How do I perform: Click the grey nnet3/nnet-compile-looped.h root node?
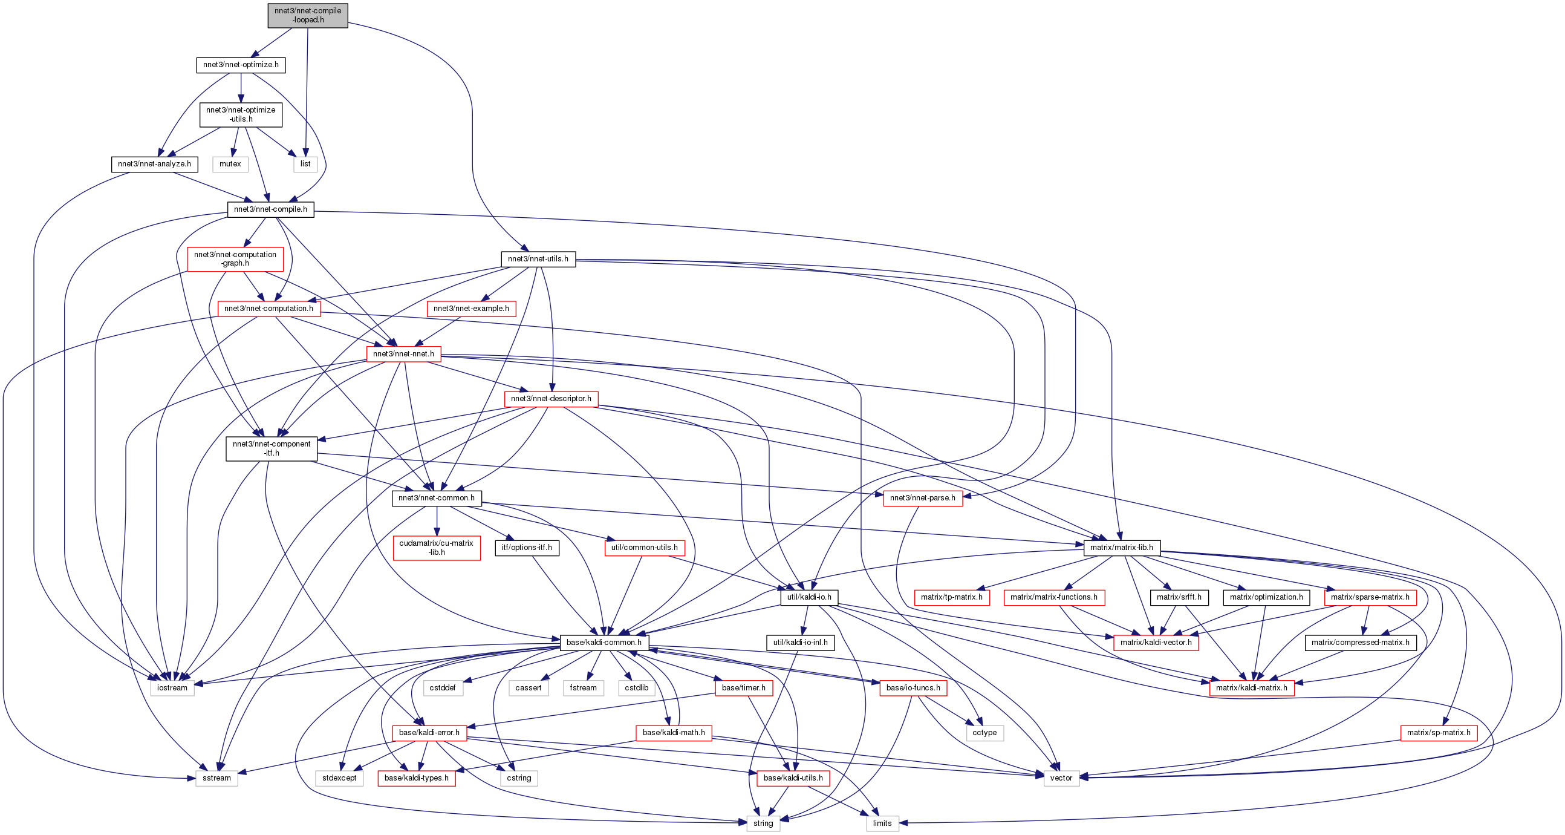point(307,15)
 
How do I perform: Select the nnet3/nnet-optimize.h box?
point(241,64)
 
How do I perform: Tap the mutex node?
point(230,163)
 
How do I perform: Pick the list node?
point(305,163)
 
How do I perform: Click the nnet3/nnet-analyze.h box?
point(154,163)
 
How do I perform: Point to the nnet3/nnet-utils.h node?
point(538,259)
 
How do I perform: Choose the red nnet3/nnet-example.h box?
point(471,308)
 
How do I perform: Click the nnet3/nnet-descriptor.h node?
point(550,399)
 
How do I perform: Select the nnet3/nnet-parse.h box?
point(922,498)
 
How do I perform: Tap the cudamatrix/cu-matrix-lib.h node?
point(436,548)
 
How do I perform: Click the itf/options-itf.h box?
point(527,548)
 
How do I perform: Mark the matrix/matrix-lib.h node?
point(1122,548)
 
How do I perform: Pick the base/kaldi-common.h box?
point(604,643)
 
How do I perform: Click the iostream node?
point(172,688)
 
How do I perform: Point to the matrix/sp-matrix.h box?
point(1438,733)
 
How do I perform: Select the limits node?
point(882,824)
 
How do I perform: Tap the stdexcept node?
point(340,778)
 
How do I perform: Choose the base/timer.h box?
point(744,688)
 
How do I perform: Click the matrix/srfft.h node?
point(1179,597)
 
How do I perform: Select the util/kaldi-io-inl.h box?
point(800,643)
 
